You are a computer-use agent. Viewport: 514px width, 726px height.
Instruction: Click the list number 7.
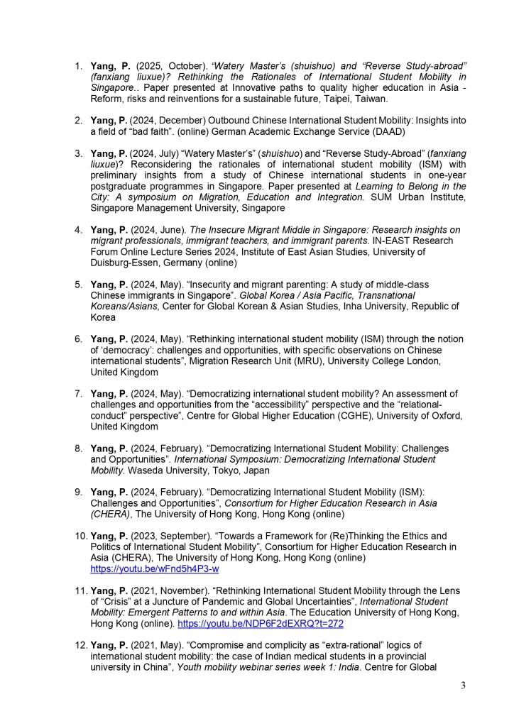click(x=80, y=393)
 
